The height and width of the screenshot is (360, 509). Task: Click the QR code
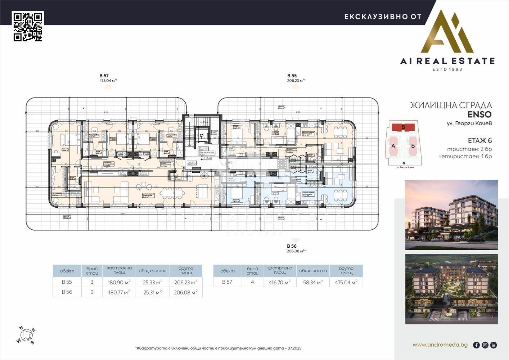[x=28, y=26]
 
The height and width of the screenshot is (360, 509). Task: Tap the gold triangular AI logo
[x=447, y=32]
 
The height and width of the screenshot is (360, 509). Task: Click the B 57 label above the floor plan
[x=104, y=76]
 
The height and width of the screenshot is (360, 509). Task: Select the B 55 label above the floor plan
[x=292, y=76]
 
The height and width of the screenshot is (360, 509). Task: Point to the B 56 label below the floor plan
[x=292, y=246]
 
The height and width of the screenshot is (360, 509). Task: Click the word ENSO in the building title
[x=479, y=114]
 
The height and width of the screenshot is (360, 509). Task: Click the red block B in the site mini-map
[x=403, y=127]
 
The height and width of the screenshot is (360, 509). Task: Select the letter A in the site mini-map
[x=393, y=146]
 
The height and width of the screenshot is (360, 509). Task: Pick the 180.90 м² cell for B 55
[x=119, y=282]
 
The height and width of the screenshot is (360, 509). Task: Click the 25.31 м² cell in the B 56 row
[x=152, y=292]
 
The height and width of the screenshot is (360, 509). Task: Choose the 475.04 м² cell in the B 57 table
[x=346, y=282]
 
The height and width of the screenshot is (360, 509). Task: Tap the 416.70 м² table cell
[x=280, y=282]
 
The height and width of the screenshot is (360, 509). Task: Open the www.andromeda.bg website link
[x=440, y=345]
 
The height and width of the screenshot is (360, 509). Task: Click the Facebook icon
[x=476, y=345]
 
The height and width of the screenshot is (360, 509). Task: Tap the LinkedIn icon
[x=494, y=345]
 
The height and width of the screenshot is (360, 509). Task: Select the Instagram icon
[x=485, y=345]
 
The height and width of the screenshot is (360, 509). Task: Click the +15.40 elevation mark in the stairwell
[x=207, y=158]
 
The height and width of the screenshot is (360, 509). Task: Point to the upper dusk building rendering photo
[x=451, y=215]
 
